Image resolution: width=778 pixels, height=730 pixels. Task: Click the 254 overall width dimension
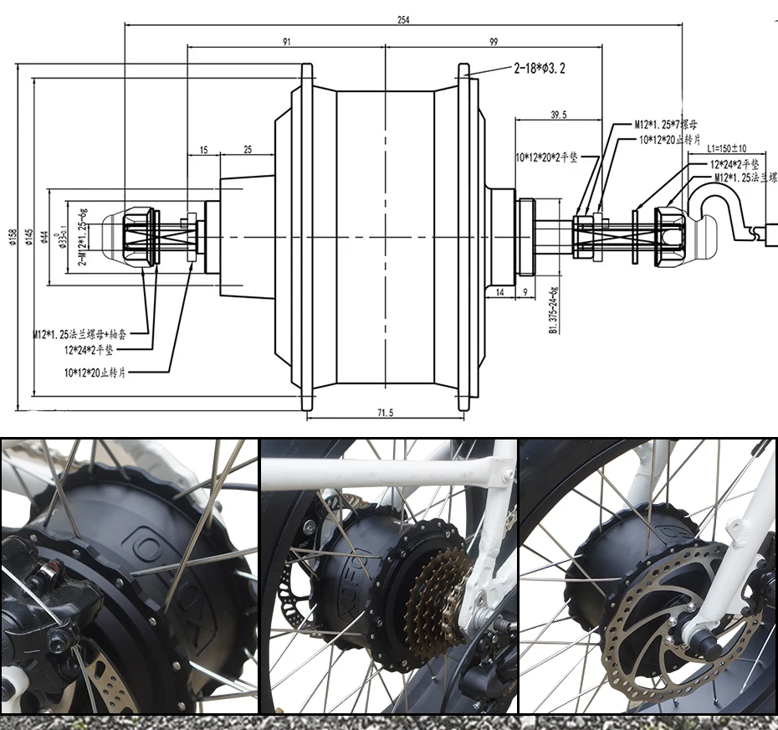click(x=403, y=20)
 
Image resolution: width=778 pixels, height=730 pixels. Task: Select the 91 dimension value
click(x=287, y=41)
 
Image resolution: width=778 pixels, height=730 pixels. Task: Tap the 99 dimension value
click(x=492, y=41)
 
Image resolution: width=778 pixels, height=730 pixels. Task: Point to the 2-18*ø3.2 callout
click(x=539, y=69)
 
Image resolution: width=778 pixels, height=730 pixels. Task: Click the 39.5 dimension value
click(x=559, y=115)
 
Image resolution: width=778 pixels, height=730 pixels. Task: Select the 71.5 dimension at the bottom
click(x=385, y=412)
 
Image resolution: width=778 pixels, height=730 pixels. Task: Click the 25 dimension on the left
click(x=248, y=150)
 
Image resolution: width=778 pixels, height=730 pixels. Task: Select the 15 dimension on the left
click(x=203, y=150)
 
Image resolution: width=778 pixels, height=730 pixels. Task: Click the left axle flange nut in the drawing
click(x=139, y=237)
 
